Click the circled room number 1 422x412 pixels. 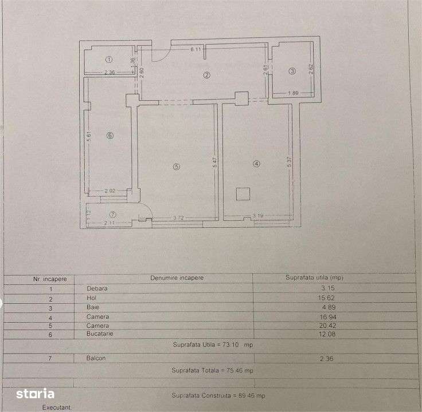click(x=109, y=60)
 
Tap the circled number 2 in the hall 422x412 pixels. click(x=206, y=75)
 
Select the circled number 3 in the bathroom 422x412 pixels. click(x=292, y=71)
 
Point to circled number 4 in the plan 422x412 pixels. click(x=256, y=164)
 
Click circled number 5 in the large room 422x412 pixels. click(x=177, y=167)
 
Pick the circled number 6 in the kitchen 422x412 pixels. click(x=110, y=136)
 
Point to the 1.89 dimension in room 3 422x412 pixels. click(x=292, y=93)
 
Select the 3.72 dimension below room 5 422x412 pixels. click(x=179, y=217)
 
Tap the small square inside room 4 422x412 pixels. click(x=243, y=193)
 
